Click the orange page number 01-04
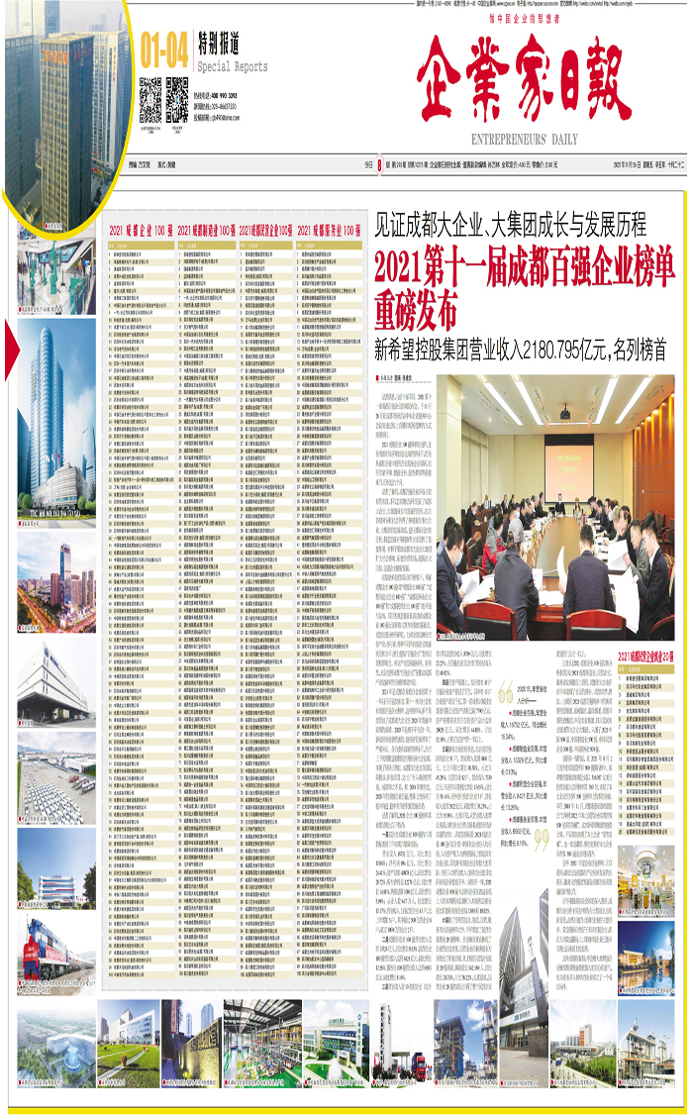[164, 46]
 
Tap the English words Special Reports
[233, 66]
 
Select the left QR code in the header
[149, 100]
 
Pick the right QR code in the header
[177, 100]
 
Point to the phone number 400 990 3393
[229, 97]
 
